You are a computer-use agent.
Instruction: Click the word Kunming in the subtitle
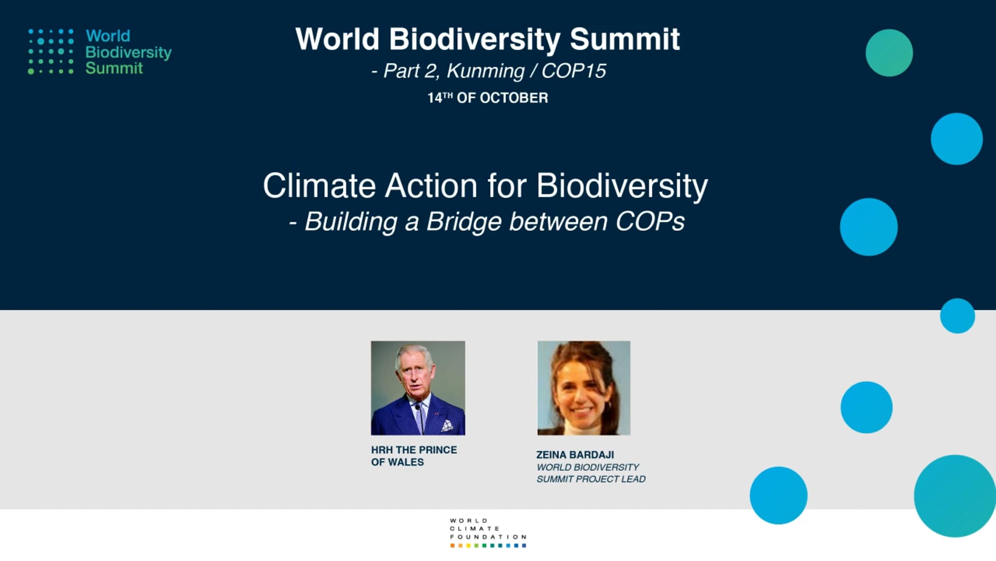click(486, 71)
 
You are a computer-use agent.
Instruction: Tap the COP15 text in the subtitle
click(573, 71)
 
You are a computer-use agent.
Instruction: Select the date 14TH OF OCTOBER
click(488, 98)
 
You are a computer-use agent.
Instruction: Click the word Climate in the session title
click(319, 185)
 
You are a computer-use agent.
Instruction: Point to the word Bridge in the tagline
click(463, 222)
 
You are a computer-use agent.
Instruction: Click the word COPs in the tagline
click(650, 221)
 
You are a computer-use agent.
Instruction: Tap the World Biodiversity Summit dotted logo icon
click(51, 51)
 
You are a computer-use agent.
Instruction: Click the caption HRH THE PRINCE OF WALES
click(414, 456)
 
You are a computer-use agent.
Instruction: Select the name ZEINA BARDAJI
click(575, 455)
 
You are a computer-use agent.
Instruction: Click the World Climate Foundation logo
click(488, 532)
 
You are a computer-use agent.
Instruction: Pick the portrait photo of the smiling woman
click(584, 388)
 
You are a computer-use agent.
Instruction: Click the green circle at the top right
click(889, 53)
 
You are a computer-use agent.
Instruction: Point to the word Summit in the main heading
click(625, 39)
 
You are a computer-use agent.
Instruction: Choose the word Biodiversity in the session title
click(622, 186)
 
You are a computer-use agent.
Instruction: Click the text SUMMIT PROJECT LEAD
click(591, 479)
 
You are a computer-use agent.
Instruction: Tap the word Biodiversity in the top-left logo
click(128, 52)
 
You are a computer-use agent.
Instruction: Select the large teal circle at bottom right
click(955, 496)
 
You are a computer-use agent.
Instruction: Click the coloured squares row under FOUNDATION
click(488, 545)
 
